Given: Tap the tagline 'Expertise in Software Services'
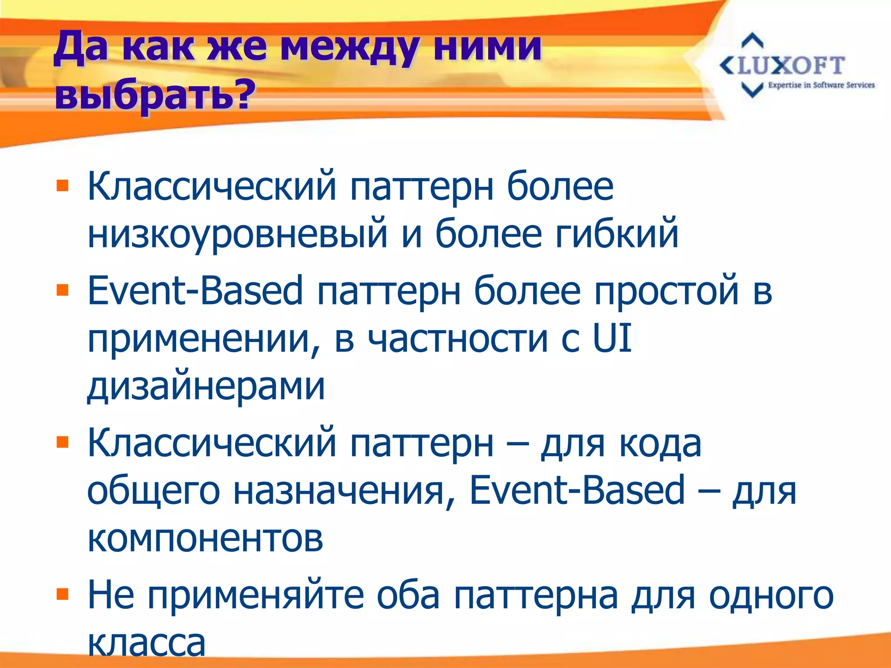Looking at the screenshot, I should tap(821, 85).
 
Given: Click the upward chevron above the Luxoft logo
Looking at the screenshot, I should tap(752, 41).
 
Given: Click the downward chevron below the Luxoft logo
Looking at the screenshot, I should tap(752, 90).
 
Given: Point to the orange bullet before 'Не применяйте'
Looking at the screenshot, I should tap(63, 594).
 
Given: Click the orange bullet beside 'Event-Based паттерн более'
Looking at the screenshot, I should tap(63, 290).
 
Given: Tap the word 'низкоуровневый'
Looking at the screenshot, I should tap(238, 234).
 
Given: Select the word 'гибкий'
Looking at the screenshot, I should tap(616, 234).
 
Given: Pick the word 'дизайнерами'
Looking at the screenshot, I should tap(206, 386).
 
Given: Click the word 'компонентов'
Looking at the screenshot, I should tap(205, 538).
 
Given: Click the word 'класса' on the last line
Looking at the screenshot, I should tap(147, 643).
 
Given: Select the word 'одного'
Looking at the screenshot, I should tap(771, 595).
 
